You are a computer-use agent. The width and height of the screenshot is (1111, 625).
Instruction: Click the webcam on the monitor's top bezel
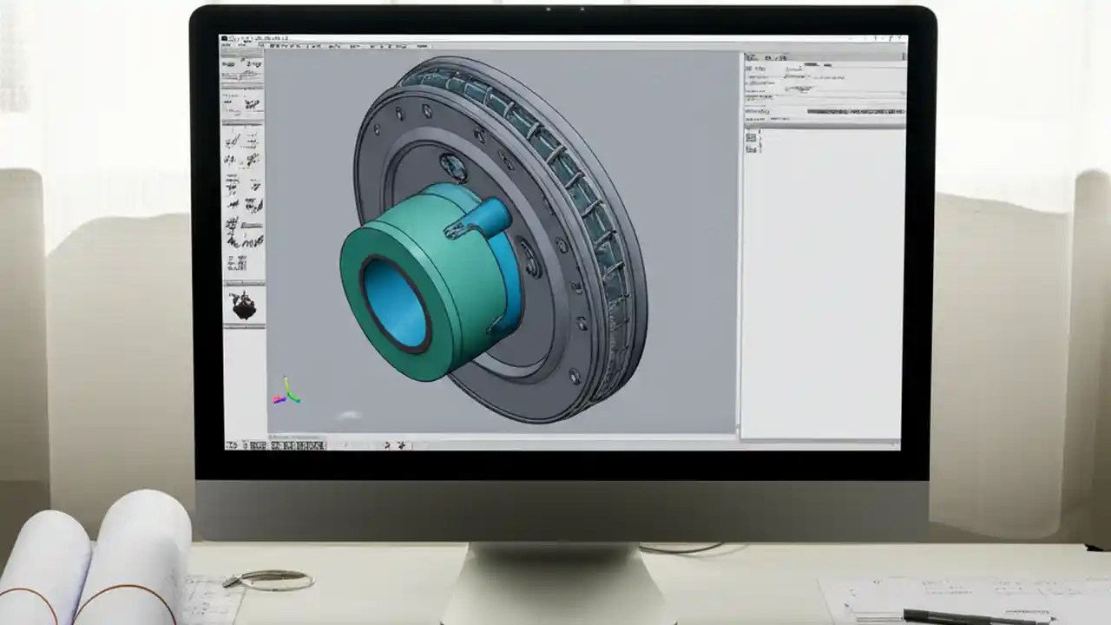[x=549, y=10]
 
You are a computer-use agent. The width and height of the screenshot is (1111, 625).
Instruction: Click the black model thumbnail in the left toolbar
[x=243, y=305]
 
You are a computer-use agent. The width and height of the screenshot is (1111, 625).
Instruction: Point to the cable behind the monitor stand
[x=686, y=549]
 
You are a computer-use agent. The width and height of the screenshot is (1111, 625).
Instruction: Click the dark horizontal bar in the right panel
[x=854, y=111]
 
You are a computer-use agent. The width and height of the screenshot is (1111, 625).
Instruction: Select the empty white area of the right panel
[x=825, y=286]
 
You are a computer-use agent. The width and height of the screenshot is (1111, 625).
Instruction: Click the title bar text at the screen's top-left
[x=255, y=40]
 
